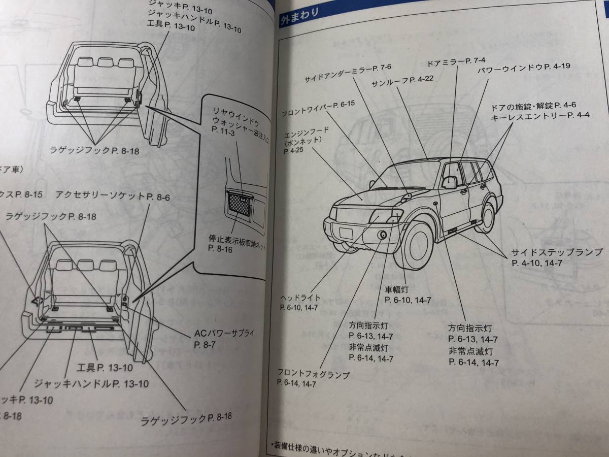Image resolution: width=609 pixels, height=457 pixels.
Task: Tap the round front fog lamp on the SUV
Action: (x=383, y=235)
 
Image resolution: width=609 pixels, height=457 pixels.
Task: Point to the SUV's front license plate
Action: (x=346, y=233)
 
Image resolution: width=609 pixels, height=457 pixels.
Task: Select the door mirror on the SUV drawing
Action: (x=449, y=183)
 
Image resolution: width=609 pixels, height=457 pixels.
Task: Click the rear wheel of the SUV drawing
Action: (x=486, y=217)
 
